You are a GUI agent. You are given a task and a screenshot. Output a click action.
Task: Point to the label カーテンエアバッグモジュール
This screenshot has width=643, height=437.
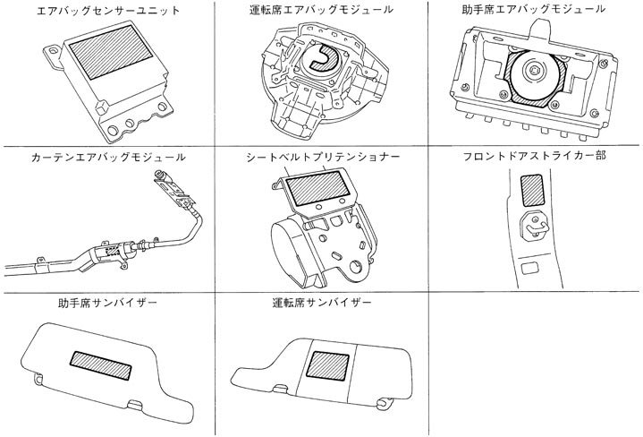[106, 157]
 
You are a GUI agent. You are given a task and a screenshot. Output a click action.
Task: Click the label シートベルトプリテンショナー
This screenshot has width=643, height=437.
[322, 157]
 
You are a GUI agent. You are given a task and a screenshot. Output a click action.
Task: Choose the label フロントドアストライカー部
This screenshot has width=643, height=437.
[535, 157]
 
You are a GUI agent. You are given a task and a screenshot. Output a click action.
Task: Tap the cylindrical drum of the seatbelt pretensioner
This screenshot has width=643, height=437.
[291, 246]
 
